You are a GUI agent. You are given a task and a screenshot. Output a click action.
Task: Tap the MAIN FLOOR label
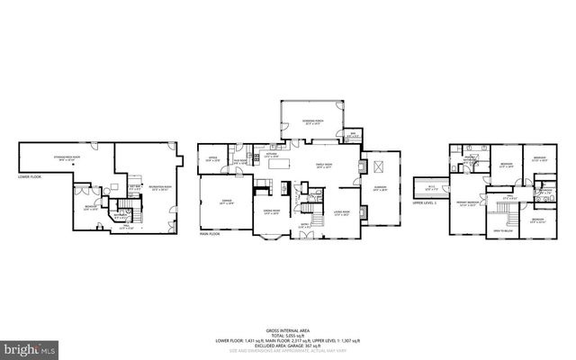pyautogui.click(x=210, y=234)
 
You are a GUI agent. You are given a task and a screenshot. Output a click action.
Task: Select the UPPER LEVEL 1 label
pyautogui.click(x=424, y=203)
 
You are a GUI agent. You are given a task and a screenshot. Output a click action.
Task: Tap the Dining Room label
pyautogui.click(x=271, y=211)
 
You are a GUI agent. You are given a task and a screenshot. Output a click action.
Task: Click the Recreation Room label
pyautogui.click(x=161, y=189)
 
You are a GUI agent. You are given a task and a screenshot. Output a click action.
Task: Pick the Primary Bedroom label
pyautogui.click(x=467, y=204)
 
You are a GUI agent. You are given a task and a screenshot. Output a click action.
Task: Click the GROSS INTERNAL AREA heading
pyautogui.click(x=287, y=329)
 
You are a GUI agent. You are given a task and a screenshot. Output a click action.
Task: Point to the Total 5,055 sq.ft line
pyautogui.click(x=287, y=335)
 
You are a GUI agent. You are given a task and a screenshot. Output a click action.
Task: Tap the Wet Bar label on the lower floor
pyautogui.click(x=135, y=186)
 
